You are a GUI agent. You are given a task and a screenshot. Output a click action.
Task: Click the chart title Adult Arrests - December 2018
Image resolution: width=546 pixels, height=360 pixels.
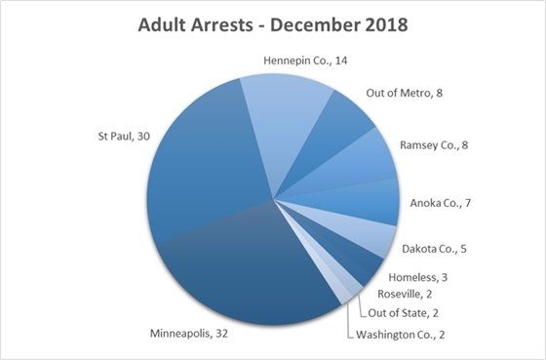click(x=272, y=23)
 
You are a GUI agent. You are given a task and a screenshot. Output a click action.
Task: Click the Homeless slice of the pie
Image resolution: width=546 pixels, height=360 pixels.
click(x=363, y=261)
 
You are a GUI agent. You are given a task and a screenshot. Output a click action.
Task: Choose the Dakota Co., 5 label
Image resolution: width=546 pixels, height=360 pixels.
click(x=442, y=249)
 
